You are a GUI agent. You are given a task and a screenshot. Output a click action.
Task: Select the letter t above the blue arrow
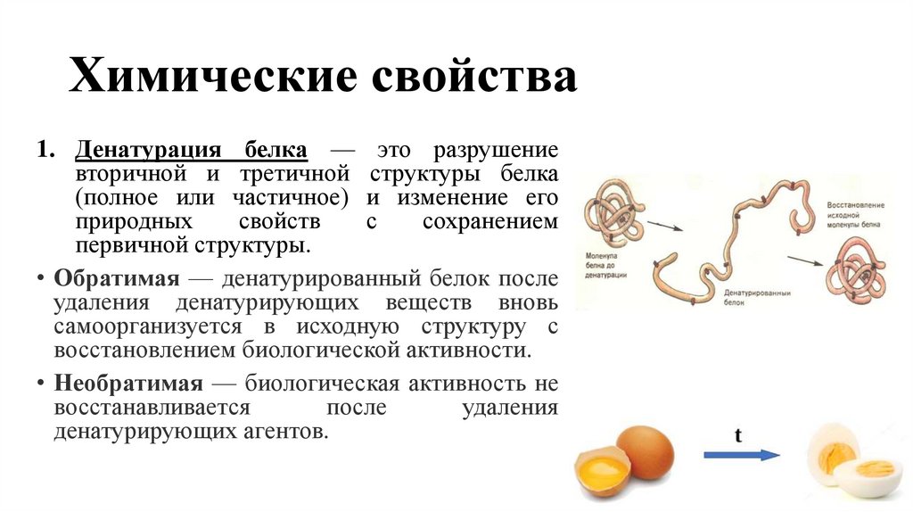point(738,435)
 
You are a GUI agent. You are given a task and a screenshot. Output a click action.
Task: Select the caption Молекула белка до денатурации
point(606,265)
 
